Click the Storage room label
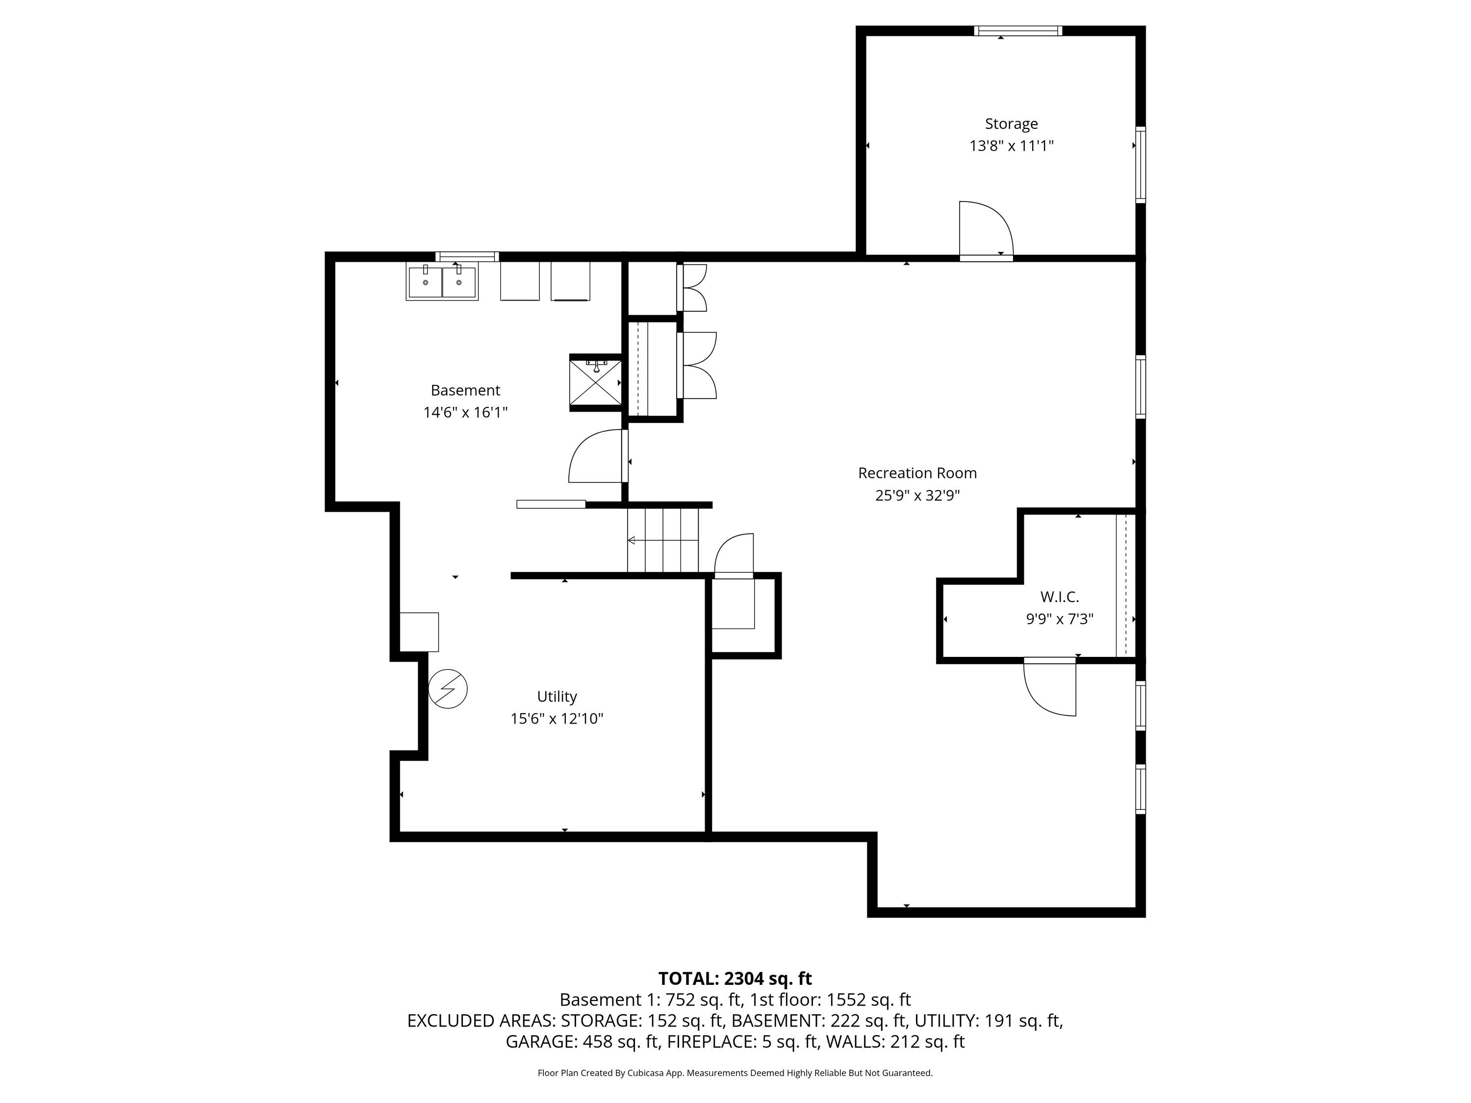click(x=1011, y=124)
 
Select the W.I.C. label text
click(x=1059, y=597)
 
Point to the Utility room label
click(x=557, y=697)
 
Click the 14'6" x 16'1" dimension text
click(x=465, y=412)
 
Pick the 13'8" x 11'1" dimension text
click(x=1011, y=146)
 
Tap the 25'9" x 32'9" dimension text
click(x=917, y=495)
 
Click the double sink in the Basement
click(x=442, y=281)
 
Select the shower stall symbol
click(x=596, y=382)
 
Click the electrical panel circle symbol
click(x=448, y=688)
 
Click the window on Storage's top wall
click(x=1017, y=30)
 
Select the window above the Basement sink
click(x=467, y=257)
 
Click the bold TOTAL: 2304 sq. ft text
click(x=735, y=978)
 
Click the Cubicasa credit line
click(x=735, y=1073)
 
